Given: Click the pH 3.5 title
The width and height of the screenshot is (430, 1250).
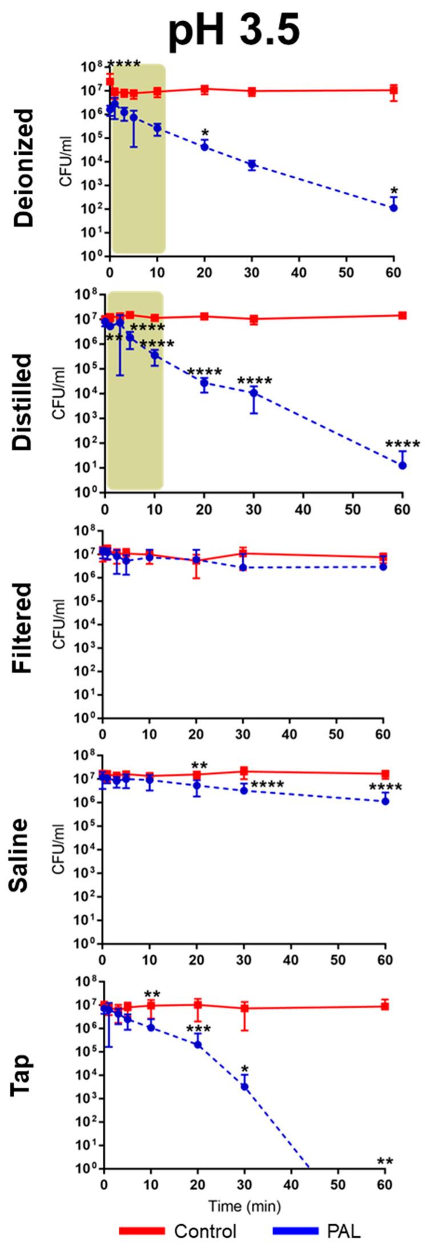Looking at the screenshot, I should pos(234,29).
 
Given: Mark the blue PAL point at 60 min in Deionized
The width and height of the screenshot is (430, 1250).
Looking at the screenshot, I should pos(393,207).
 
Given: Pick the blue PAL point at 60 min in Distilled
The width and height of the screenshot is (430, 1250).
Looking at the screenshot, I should pos(403,465).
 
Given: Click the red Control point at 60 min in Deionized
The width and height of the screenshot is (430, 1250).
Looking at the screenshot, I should pos(393,90).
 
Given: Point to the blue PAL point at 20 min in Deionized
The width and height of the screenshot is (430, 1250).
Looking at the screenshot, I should pos(204,147).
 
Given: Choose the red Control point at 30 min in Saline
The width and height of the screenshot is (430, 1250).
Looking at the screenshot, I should pos(244,771).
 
